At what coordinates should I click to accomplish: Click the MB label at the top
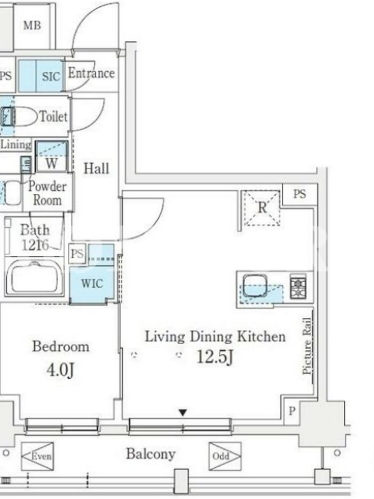click(32, 25)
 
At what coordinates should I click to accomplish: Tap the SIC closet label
click(51, 76)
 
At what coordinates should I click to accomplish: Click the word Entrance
click(91, 73)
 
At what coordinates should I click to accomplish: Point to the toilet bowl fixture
click(19, 117)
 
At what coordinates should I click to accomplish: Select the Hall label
click(97, 168)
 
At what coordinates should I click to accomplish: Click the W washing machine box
click(52, 157)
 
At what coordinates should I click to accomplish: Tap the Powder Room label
click(47, 193)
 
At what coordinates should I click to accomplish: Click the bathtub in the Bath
click(35, 278)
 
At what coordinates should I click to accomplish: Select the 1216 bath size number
click(35, 245)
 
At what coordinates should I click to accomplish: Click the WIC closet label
click(92, 284)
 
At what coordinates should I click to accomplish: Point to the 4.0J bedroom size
click(60, 370)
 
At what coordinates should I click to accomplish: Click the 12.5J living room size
click(215, 357)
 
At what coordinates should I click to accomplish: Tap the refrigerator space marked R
click(262, 208)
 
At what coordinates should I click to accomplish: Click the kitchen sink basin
click(255, 286)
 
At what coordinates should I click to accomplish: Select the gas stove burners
click(299, 288)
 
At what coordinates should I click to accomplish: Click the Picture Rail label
click(307, 346)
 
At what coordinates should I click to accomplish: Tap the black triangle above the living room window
click(183, 413)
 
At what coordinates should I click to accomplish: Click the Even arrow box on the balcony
click(37, 457)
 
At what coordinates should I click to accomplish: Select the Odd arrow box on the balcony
click(225, 457)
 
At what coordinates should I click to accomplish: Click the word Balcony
click(151, 455)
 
